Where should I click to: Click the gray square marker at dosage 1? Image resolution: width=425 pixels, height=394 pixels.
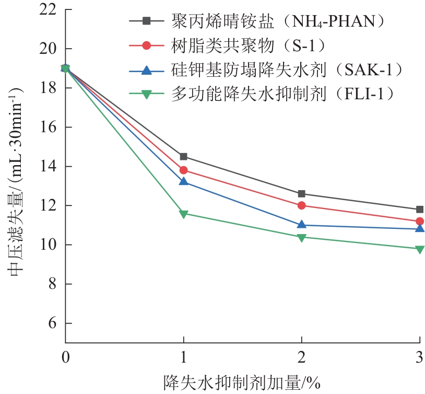click(x=183, y=157)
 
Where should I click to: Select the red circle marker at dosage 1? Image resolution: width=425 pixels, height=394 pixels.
click(x=183, y=170)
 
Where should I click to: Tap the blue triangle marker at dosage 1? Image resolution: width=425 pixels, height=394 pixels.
click(x=183, y=181)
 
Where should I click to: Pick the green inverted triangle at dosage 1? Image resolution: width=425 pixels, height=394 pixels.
click(x=183, y=214)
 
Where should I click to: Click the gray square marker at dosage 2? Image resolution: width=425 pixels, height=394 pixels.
click(x=301, y=194)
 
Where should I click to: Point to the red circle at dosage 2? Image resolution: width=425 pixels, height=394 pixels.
click(x=301, y=205)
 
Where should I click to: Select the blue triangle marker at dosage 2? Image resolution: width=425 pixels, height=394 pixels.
click(x=301, y=225)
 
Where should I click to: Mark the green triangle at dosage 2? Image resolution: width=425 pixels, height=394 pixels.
click(x=301, y=237)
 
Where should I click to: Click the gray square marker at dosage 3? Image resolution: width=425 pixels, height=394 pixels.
click(x=419, y=210)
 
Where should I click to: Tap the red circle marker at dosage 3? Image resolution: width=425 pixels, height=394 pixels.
click(x=419, y=221)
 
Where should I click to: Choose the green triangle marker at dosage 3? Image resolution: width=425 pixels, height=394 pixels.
click(x=419, y=249)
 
